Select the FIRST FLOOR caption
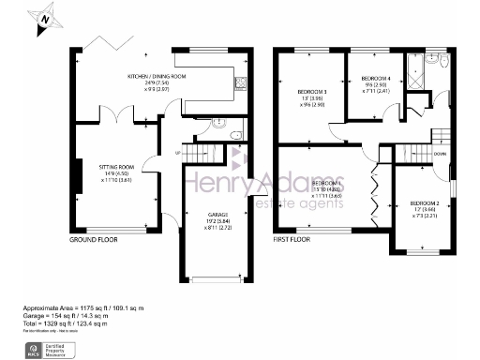[292, 241]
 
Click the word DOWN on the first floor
[439, 154]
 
